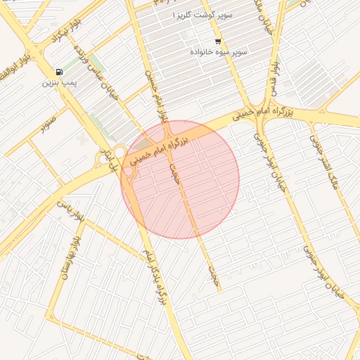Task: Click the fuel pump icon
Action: pos(57,72)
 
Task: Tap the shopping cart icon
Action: pos(217,41)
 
